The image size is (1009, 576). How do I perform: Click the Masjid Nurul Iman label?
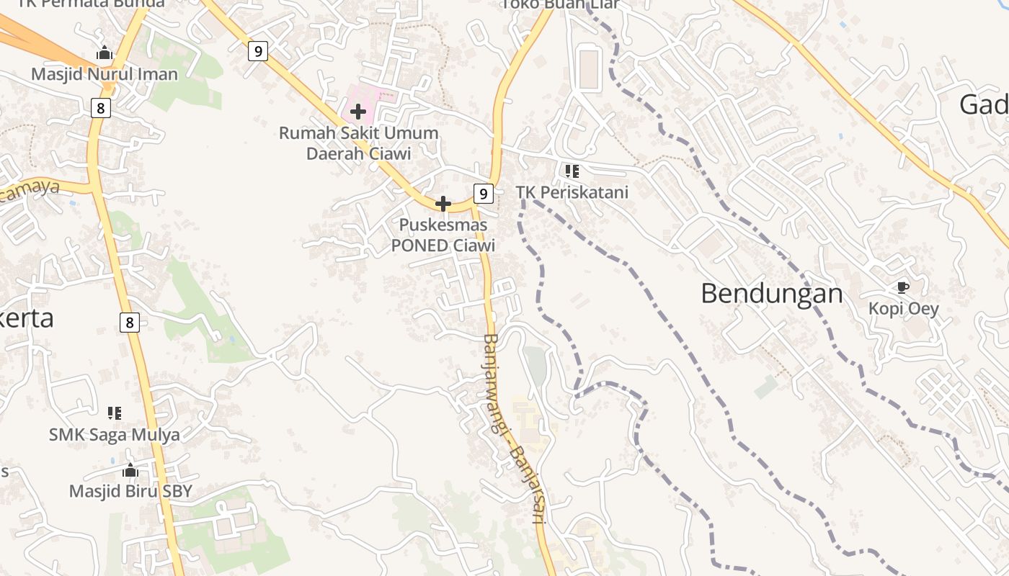coord(105,74)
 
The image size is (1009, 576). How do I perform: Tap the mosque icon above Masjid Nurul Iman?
coord(105,53)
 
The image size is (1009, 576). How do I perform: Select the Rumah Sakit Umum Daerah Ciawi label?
coord(358,143)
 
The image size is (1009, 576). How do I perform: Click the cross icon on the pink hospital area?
coord(358,112)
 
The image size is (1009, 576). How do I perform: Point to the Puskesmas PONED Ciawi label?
coord(443,235)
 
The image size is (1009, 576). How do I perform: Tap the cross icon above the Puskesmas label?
coord(443,204)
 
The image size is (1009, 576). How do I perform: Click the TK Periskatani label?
coord(572,192)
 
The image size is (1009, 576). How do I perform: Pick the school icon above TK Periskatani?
coord(572,171)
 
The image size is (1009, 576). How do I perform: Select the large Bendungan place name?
coord(772,294)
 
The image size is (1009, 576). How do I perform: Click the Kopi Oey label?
coord(904,309)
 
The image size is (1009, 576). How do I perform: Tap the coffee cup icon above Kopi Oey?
coord(902,288)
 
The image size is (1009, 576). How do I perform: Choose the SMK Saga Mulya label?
coord(115,435)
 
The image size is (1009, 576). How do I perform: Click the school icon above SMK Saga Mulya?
coord(115,413)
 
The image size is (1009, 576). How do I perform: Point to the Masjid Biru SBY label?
coord(130,491)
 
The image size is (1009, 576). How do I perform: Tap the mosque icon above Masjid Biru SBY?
coord(130,471)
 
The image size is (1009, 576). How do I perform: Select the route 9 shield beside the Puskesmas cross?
coord(484,193)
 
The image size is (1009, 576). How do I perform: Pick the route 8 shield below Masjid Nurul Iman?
coord(100,109)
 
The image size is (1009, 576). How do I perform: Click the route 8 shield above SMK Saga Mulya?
coord(130,322)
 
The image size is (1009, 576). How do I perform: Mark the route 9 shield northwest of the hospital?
coord(258,51)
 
